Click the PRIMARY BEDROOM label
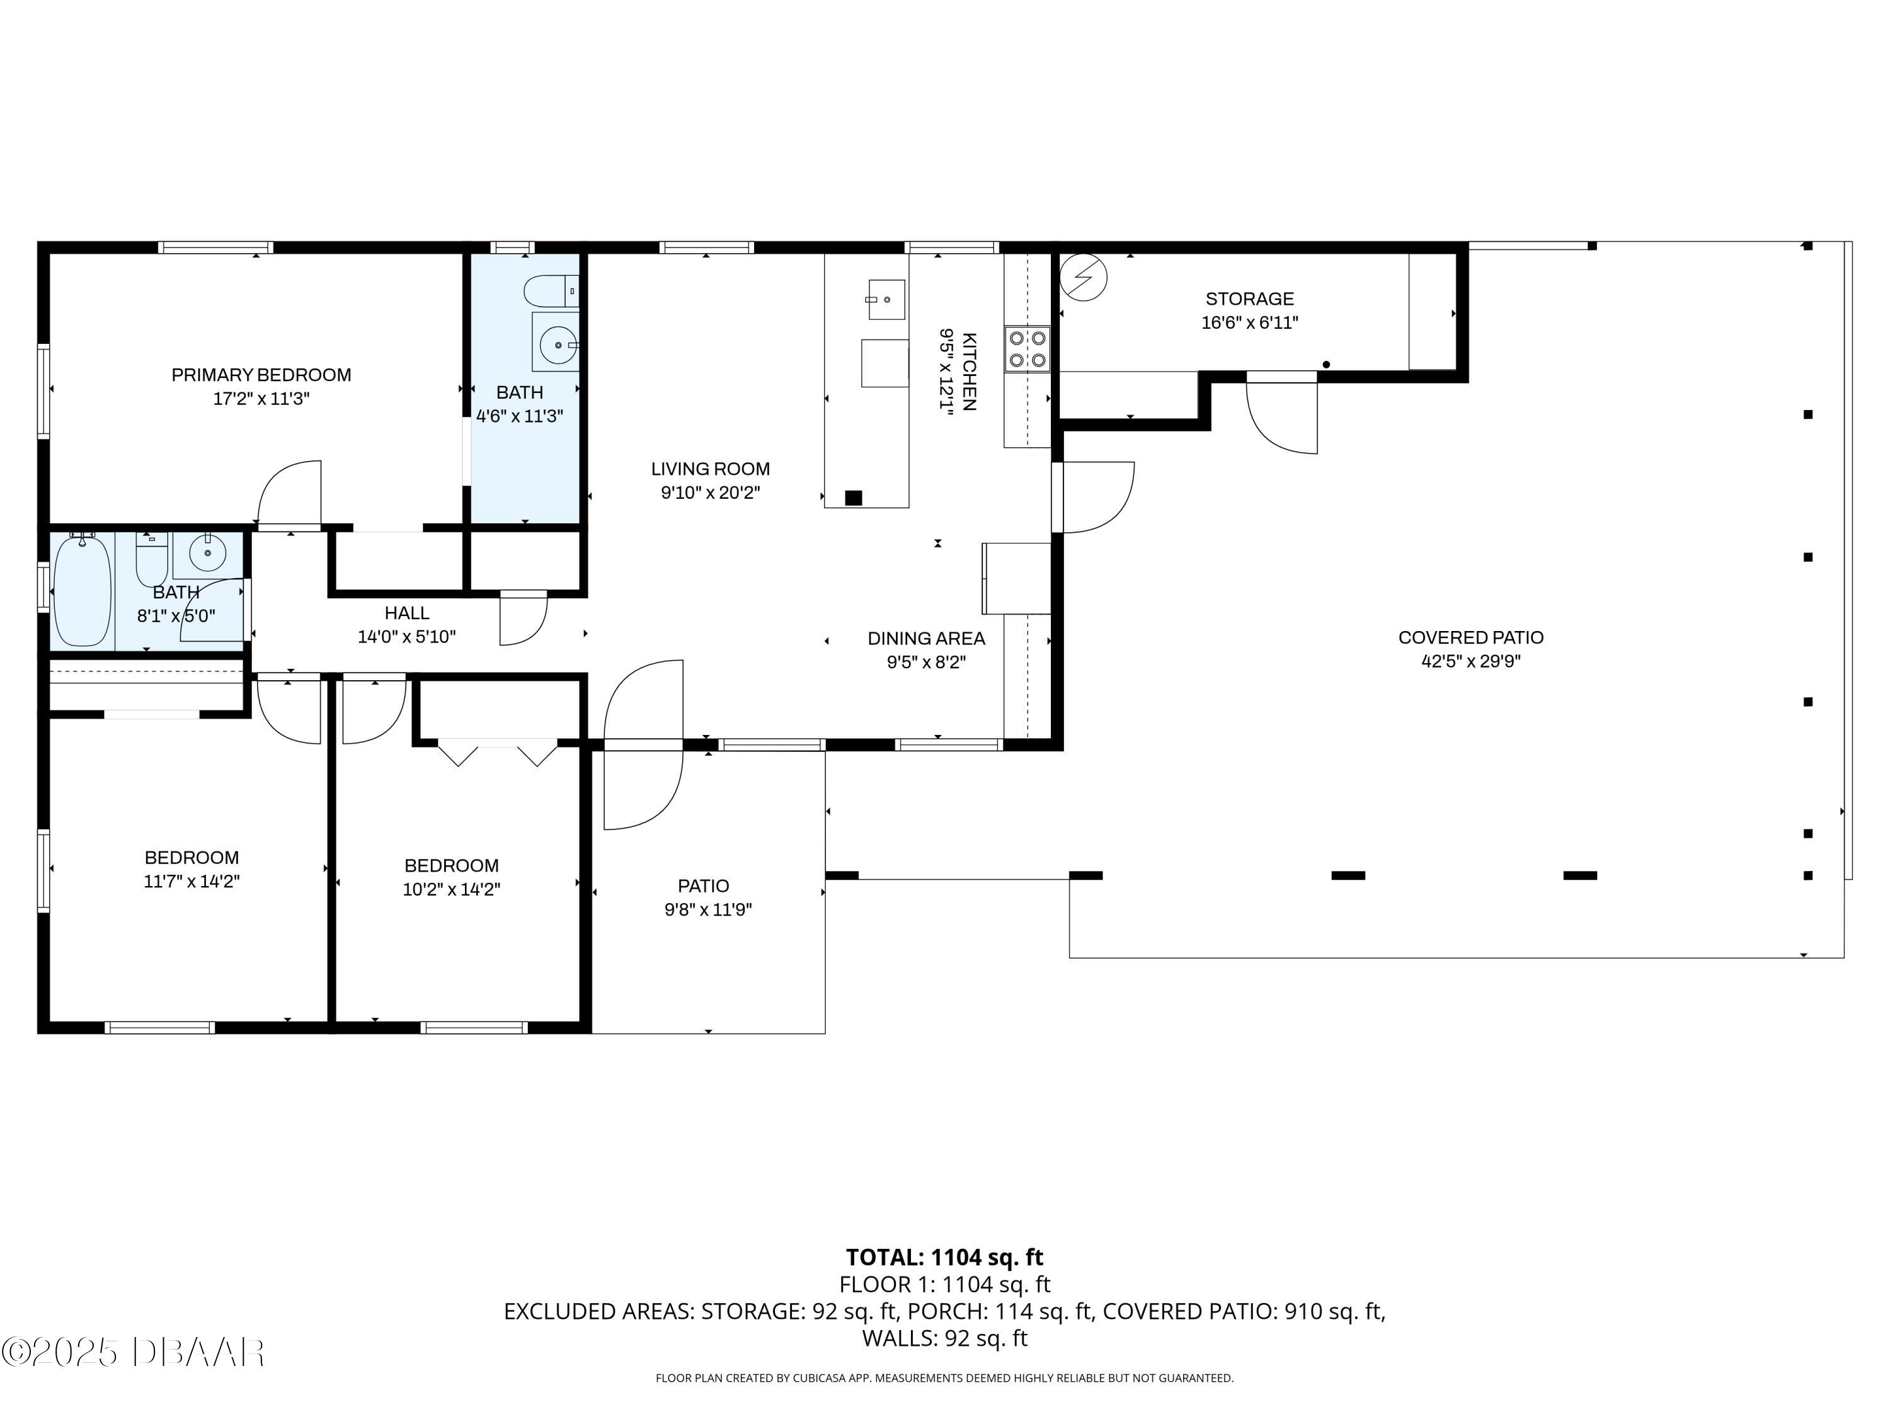(x=261, y=375)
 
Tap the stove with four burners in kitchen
(x=1027, y=348)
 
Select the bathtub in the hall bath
(x=82, y=590)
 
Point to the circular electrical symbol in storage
(x=1084, y=278)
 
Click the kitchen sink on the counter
(x=886, y=299)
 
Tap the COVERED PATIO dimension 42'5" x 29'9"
(x=1470, y=661)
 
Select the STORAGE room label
(x=1249, y=299)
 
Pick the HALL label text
(x=407, y=613)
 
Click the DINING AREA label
(x=926, y=638)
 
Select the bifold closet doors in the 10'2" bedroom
(x=497, y=751)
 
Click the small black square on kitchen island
(x=853, y=498)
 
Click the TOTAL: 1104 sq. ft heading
(x=944, y=1257)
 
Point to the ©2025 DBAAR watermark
(x=132, y=1352)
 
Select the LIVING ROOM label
(x=710, y=469)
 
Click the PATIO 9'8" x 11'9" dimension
(x=707, y=909)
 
